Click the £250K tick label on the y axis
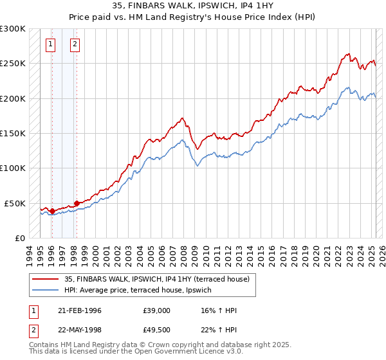(x=13, y=64)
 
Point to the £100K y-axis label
(x=13, y=168)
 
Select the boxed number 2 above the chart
(x=75, y=44)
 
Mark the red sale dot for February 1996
(x=51, y=211)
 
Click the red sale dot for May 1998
(x=76, y=203)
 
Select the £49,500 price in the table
(x=156, y=329)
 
